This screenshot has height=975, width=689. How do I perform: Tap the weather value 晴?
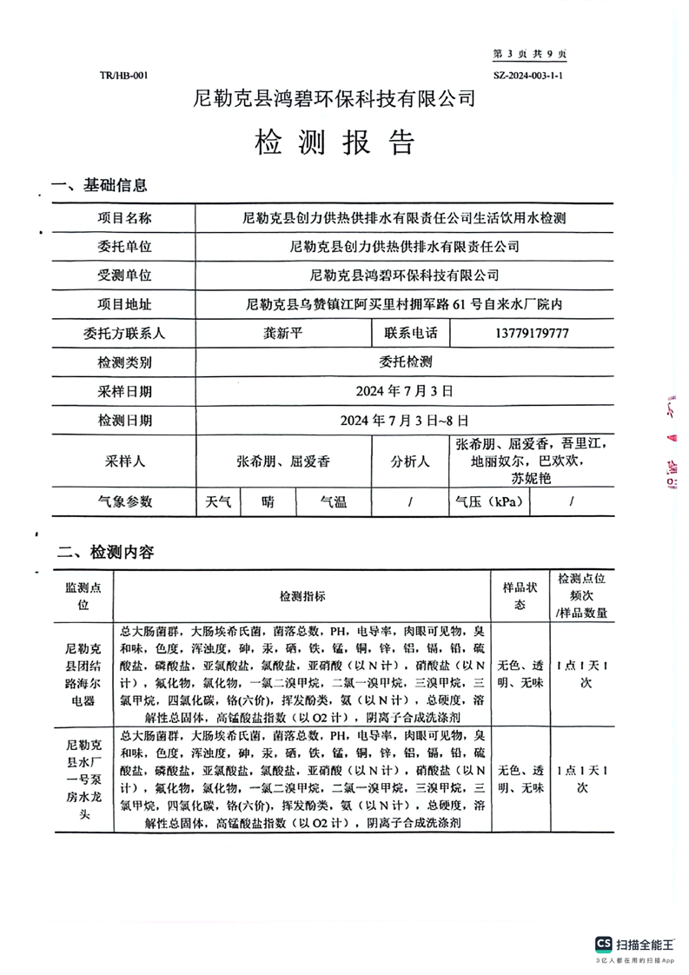(x=269, y=501)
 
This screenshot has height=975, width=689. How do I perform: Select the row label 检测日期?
(x=124, y=421)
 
